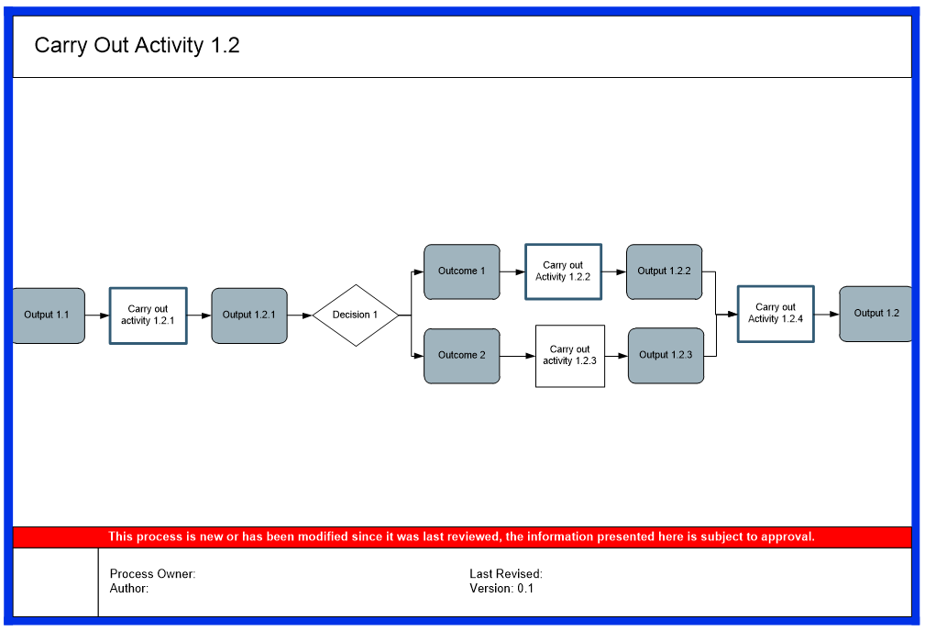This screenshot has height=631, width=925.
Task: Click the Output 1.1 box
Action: tap(48, 315)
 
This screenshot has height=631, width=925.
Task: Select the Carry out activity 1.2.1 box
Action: tap(148, 315)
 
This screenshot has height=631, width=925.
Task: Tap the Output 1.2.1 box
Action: tap(249, 315)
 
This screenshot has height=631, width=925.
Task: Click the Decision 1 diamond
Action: tap(356, 315)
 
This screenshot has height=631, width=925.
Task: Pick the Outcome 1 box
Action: tap(461, 271)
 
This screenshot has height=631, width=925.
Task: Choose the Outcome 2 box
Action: tap(461, 356)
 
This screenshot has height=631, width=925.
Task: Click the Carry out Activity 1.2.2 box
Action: tap(563, 271)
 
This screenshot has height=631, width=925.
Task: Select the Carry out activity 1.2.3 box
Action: tap(569, 356)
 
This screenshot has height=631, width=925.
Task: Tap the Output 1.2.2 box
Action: tap(664, 271)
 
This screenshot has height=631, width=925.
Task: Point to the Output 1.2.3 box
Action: tap(666, 356)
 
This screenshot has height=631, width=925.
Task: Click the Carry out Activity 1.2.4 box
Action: tap(776, 314)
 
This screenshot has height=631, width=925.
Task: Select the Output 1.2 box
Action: tap(875, 314)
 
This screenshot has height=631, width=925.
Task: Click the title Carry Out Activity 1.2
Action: tap(137, 46)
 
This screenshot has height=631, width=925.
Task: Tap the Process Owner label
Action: tap(152, 574)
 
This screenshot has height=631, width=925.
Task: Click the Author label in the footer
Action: tap(129, 589)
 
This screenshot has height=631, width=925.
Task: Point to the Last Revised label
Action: tap(506, 574)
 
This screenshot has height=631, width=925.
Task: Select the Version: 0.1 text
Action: tap(501, 589)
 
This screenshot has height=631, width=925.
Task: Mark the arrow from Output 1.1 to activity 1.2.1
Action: tap(97, 315)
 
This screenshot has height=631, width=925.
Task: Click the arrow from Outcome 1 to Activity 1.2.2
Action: tap(512, 271)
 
